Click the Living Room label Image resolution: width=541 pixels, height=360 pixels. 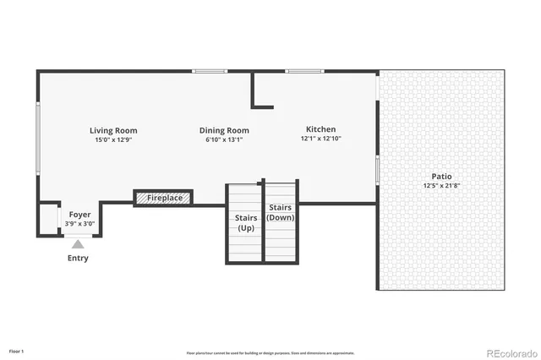click(113, 131)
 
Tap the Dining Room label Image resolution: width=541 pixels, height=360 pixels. click(224, 131)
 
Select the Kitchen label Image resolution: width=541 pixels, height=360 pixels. click(320, 130)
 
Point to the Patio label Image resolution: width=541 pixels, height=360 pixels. click(441, 177)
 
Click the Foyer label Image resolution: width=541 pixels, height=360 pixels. click(80, 215)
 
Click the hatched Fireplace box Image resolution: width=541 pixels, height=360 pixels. click(164, 198)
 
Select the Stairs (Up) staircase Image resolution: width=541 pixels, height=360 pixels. click(245, 223)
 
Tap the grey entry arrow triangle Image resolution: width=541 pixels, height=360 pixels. click(78, 243)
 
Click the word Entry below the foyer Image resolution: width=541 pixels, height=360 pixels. click(78, 258)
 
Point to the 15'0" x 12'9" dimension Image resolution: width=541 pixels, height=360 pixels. click(113, 139)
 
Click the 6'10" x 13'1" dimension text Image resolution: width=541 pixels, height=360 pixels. click(224, 139)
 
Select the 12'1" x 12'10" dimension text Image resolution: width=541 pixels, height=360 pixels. click(320, 139)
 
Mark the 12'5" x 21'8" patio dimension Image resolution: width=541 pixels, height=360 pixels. click(441, 185)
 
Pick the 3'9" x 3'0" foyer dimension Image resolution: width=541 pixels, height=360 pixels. click(80, 224)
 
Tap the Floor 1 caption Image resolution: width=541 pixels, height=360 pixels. click(17, 350)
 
